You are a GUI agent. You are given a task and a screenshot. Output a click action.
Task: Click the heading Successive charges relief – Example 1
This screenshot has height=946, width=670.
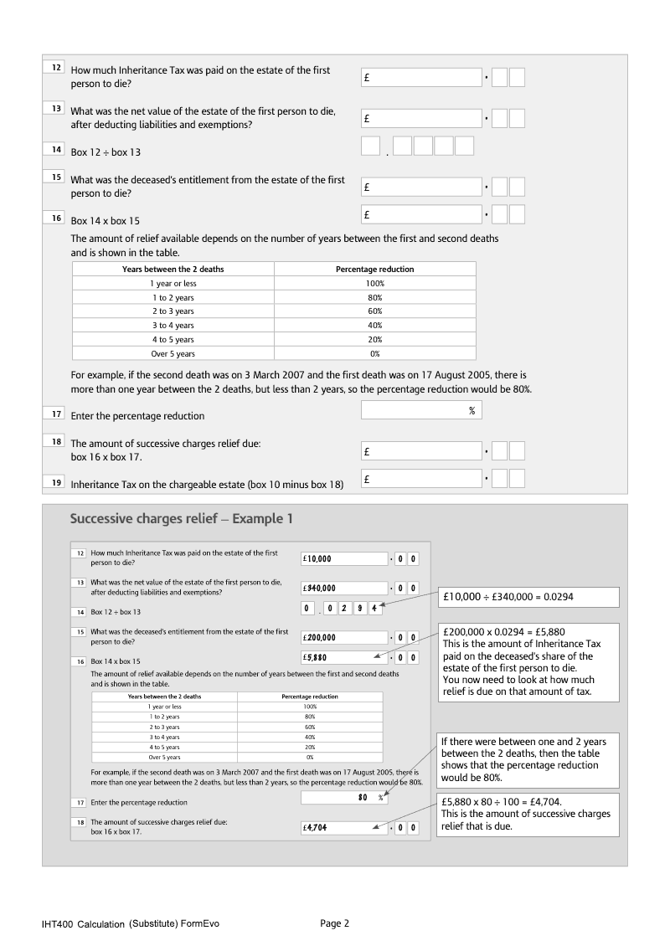(181, 519)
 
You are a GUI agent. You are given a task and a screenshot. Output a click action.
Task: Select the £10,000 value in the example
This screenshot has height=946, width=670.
(344, 558)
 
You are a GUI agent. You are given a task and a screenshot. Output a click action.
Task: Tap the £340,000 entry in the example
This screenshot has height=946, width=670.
(344, 588)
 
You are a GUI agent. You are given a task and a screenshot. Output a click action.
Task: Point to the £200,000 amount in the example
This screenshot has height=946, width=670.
(344, 637)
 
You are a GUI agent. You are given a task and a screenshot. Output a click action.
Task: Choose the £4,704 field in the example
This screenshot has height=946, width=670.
(344, 827)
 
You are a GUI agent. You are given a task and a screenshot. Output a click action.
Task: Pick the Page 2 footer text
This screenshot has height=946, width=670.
(334, 923)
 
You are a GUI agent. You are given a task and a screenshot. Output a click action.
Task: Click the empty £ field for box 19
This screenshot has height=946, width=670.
(421, 479)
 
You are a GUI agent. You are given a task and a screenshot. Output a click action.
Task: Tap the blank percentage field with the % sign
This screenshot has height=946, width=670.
(421, 410)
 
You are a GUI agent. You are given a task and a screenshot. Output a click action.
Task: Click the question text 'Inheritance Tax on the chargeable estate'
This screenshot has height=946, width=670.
(207, 484)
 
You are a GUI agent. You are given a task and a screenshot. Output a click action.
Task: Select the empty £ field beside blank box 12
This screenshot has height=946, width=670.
(421, 77)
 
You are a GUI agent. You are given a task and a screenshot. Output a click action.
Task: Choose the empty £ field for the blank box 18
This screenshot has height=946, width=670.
(421, 451)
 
